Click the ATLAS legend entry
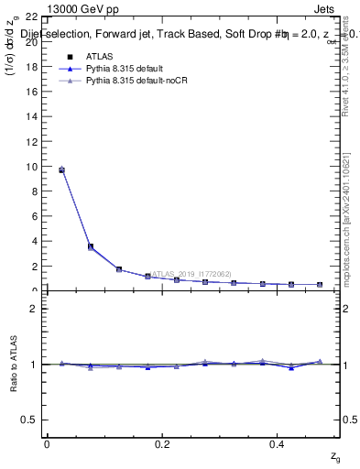[x=97, y=57]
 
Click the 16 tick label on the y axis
[x=30, y=92]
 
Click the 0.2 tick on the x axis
[x=162, y=444]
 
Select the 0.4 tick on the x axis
[x=278, y=444]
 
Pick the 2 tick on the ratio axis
[x=33, y=309]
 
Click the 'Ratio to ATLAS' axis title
[x=13, y=364]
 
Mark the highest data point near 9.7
[x=61, y=169]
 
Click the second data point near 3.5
[x=90, y=246]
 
